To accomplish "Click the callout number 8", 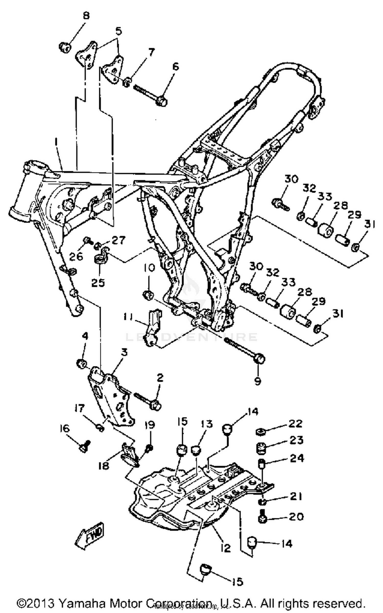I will (x=86, y=16).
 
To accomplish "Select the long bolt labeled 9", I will (x=245, y=351).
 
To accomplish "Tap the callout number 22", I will (x=295, y=423).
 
